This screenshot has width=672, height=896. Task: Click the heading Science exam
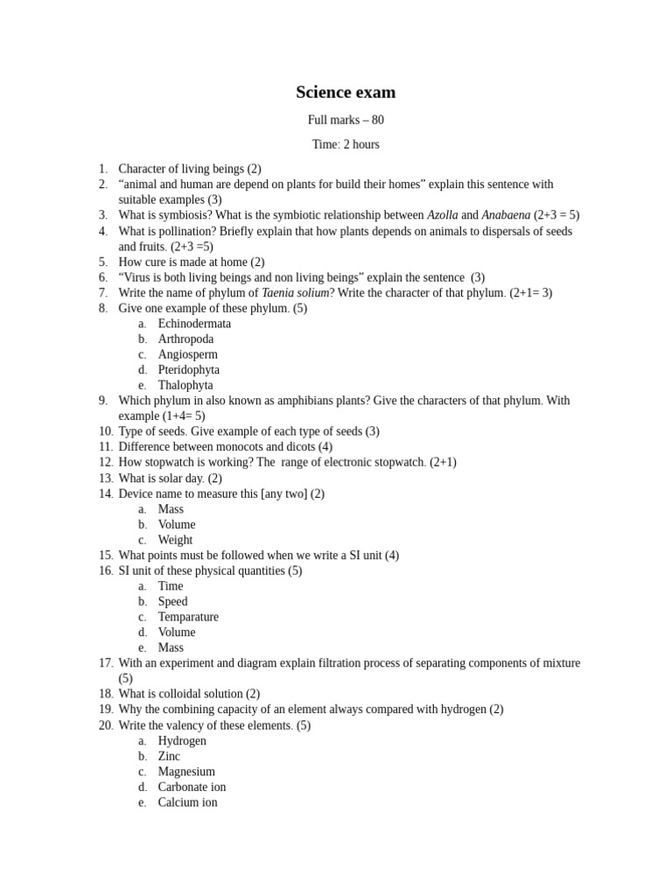pyautogui.click(x=345, y=93)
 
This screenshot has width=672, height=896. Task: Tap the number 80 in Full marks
pyautogui.click(x=376, y=120)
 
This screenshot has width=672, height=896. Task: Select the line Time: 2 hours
pyautogui.click(x=345, y=144)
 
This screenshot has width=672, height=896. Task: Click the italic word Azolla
pyautogui.click(x=442, y=215)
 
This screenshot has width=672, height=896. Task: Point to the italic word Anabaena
pyautogui.click(x=506, y=215)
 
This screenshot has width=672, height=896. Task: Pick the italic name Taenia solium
pyautogui.click(x=295, y=293)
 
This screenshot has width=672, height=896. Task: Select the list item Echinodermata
pyautogui.click(x=194, y=324)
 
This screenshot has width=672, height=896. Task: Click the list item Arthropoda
pyautogui.click(x=185, y=339)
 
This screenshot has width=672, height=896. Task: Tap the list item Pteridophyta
pyautogui.click(x=188, y=370)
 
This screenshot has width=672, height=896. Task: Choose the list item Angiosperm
pyautogui.click(x=187, y=354)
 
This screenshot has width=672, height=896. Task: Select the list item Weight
pyautogui.click(x=175, y=540)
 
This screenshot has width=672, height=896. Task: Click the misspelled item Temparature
pyautogui.click(x=188, y=617)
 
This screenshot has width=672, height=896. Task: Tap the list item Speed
pyautogui.click(x=172, y=602)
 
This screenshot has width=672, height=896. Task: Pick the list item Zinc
pyautogui.click(x=169, y=756)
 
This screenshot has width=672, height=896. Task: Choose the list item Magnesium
pyautogui.click(x=186, y=772)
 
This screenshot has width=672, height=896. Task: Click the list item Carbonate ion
pyautogui.click(x=192, y=787)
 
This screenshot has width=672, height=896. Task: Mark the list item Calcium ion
pyautogui.click(x=187, y=802)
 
